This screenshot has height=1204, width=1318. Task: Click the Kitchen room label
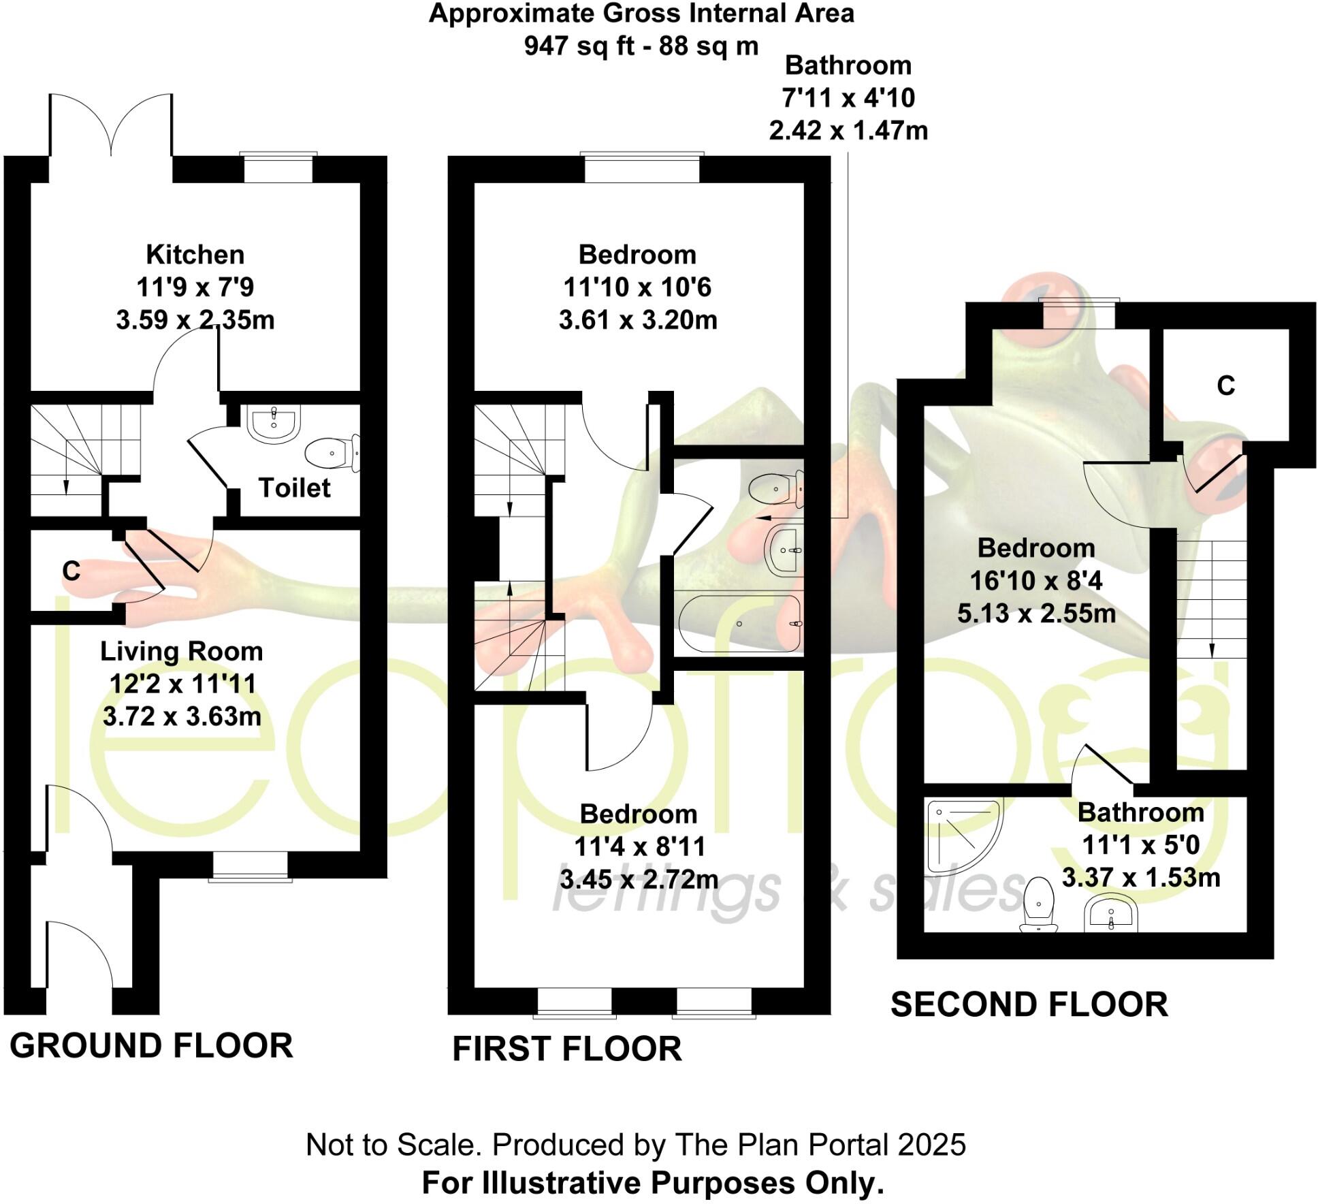click(195, 255)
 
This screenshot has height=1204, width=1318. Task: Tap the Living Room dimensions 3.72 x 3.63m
click(182, 716)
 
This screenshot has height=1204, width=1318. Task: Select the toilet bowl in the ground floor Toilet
click(329, 453)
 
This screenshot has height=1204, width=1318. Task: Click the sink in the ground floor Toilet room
click(274, 423)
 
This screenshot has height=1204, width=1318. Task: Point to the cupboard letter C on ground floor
click(71, 571)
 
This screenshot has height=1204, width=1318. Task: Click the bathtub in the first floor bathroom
click(739, 624)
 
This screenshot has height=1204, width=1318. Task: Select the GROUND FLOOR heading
click(151, 1045)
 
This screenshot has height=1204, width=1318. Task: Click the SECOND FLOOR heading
click(1029, 1004)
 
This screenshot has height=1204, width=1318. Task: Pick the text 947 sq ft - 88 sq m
click(641, 46)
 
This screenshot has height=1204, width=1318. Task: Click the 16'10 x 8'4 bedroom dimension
click(1035, 581)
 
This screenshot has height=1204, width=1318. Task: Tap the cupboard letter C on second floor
click(1225, 386)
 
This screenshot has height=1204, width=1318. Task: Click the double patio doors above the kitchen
click(111, 126)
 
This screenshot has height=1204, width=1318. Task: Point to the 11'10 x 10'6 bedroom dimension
click(637, 287)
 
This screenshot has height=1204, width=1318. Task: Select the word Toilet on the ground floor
click(294, 488)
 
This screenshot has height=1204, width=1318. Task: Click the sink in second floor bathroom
click(1110, 912)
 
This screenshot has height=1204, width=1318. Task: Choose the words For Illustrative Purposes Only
click(652, 1183)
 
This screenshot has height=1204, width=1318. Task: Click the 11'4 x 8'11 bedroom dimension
click(639, 846)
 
